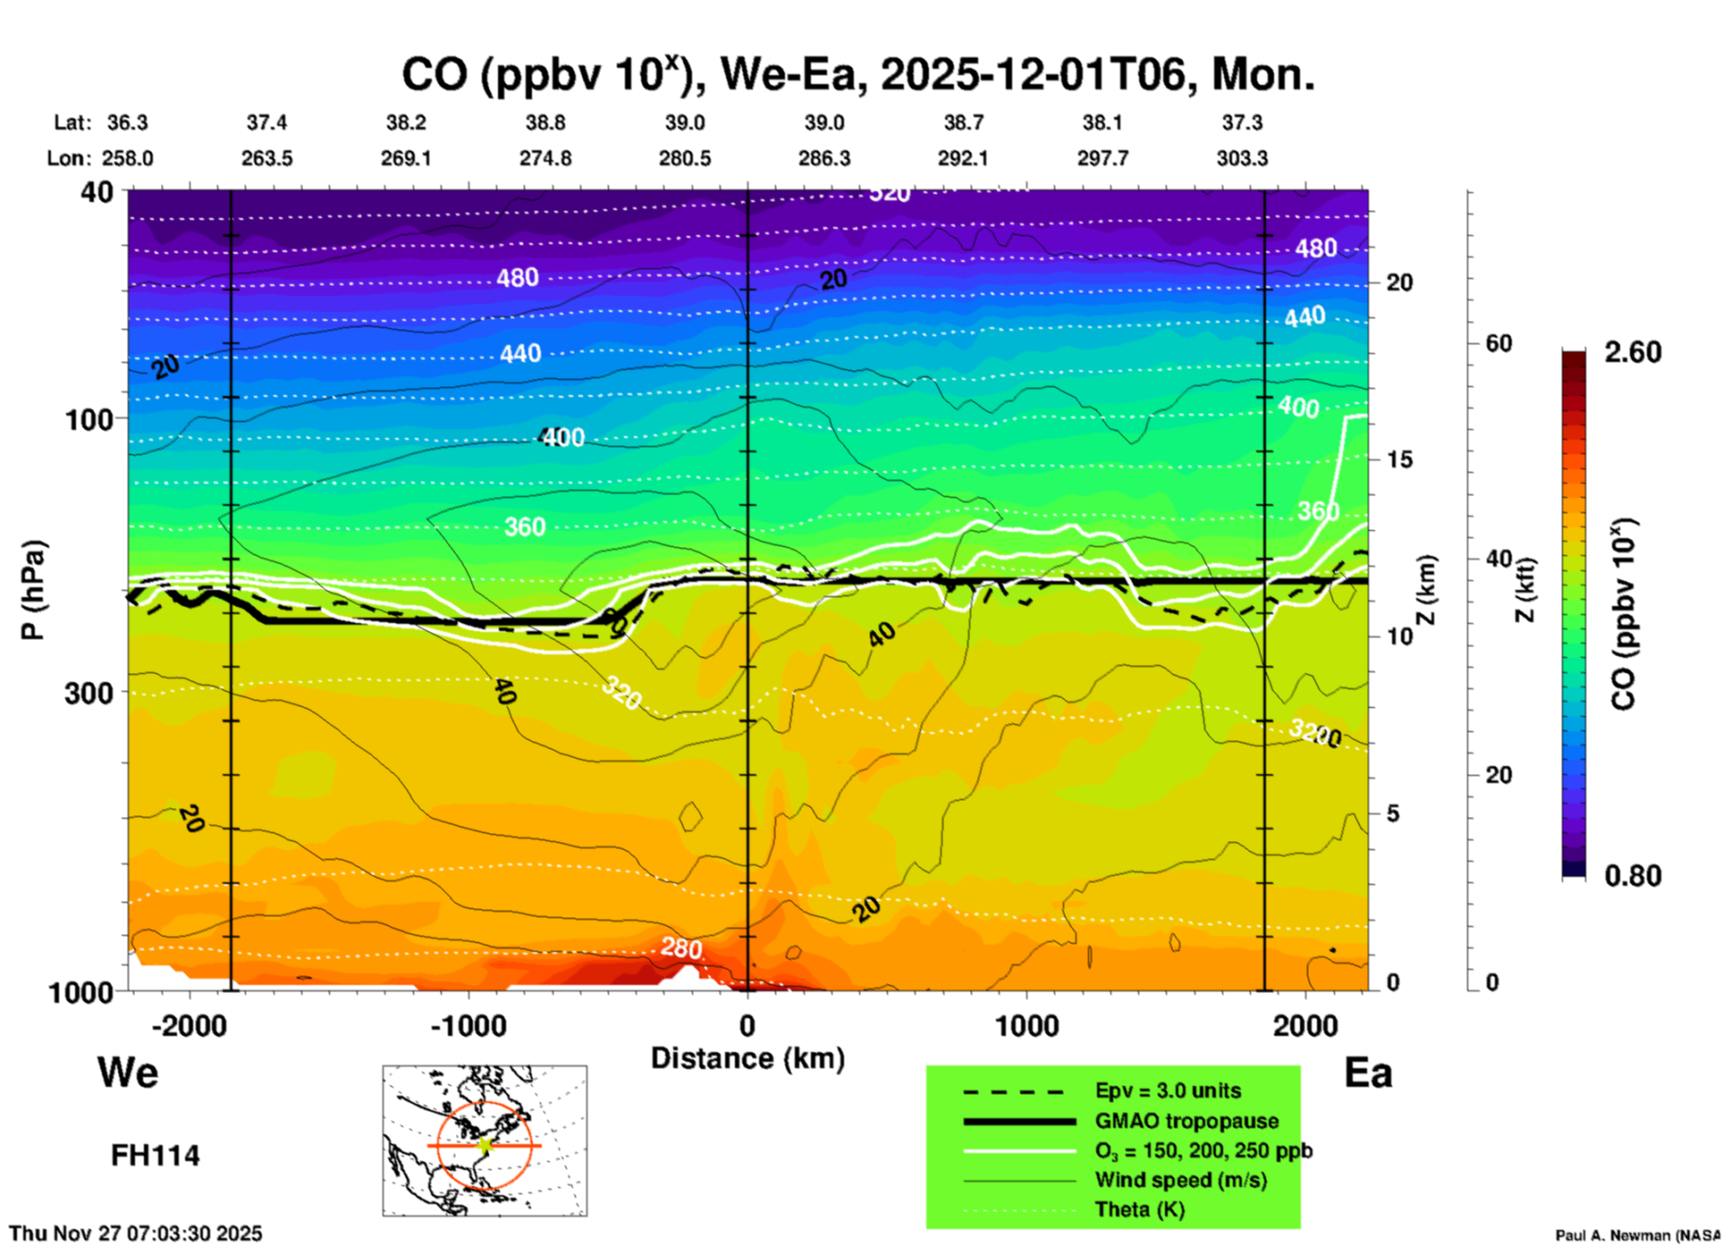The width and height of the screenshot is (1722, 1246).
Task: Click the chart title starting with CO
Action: [x=858, y=74]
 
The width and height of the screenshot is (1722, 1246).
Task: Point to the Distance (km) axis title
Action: [x=747, y=1058]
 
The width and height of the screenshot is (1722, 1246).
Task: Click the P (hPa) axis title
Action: [x=32, y=590]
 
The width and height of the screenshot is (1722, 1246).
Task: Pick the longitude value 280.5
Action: [x=685, y=158]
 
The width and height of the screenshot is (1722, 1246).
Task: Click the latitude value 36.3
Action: [x=128, y=122]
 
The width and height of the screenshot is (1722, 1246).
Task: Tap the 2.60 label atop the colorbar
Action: [x=1633, y=352]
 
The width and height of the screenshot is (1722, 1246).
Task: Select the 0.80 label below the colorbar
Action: [x=1633, y=876]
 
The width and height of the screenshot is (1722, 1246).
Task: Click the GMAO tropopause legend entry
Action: [x=1186, y=1121]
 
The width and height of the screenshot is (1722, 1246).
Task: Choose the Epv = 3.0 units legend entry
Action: [x=1168, y=1090]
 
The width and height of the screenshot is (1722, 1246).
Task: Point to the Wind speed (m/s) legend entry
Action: [x=1180, y=1180]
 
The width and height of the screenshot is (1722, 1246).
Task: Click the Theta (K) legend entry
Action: [x=1139, y=1209]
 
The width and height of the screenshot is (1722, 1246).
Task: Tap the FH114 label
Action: [x=155, y=1156]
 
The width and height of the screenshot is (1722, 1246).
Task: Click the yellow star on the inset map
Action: [x=485, y=1144]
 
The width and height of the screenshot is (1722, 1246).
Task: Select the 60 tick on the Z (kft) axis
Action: [x=1498, y=343]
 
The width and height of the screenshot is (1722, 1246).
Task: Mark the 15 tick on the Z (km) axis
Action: [x=1399, y=459]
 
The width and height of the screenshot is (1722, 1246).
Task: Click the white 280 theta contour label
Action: [x=681, y=948]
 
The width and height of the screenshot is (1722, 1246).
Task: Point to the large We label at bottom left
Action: [x=128, y=1072]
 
